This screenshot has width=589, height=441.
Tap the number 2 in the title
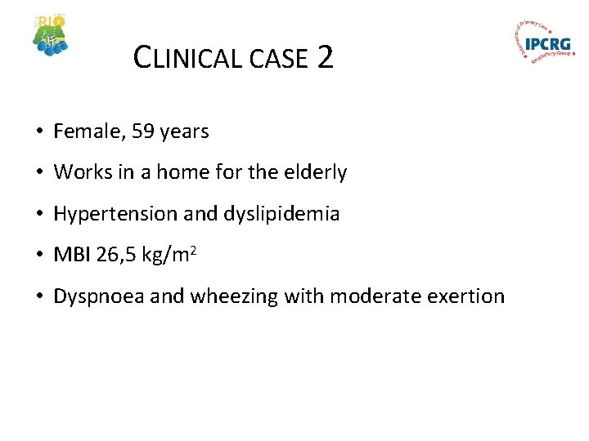click(x=325, y=57)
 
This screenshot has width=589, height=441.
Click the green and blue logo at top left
click(x=51, y=35)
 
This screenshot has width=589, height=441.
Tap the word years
click(x=185, y=131)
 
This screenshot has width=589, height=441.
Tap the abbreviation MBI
click(x=72, y=255)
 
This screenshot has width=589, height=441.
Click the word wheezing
click(x=234, y=296)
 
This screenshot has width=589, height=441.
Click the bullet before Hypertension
click(x=39, y=214)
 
